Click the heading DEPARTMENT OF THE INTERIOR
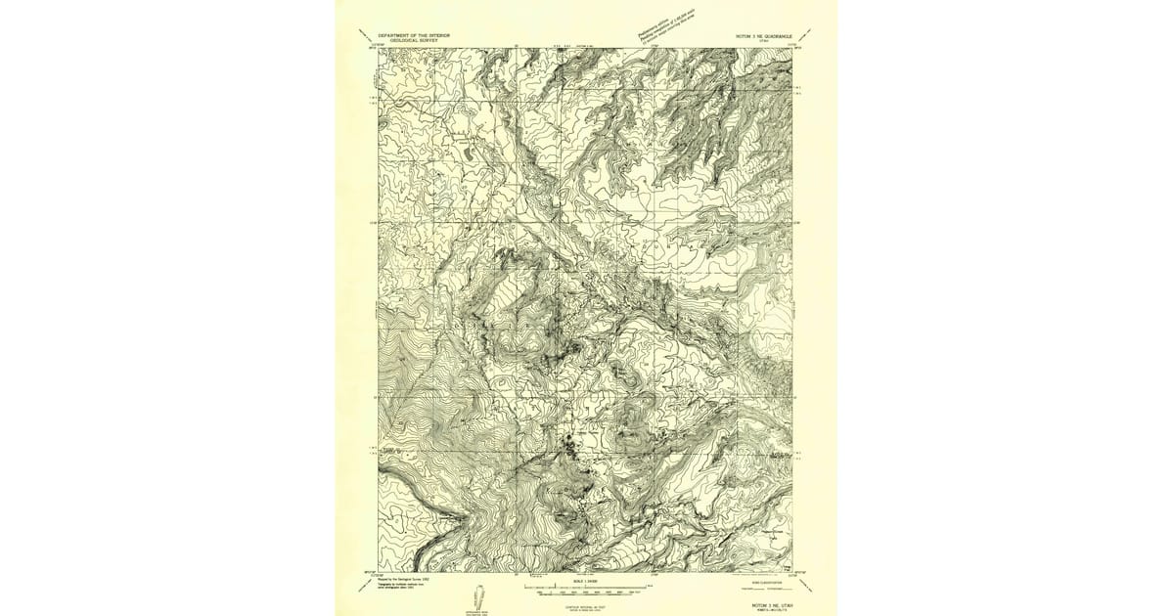[x=416, y=34]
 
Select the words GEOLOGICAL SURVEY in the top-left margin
[x=416, y=40]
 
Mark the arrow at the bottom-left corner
[x=365, y=585]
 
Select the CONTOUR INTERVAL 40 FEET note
[x=587, y=606]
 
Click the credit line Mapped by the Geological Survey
[x=404, y=578]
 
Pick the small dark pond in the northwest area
[x=467, y=154]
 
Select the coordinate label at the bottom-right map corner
[x=798, y=574]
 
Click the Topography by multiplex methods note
[x=404, y=584]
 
